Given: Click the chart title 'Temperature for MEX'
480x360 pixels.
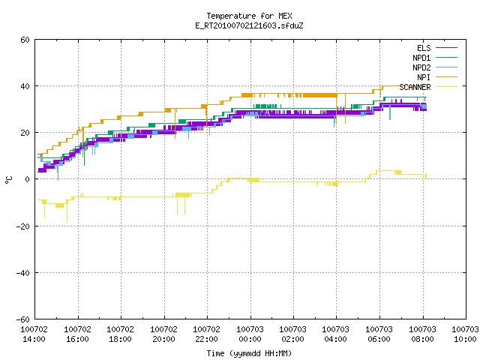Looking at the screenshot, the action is (x=249, y=16).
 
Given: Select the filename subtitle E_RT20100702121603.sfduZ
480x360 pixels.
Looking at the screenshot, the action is (x=249, y=25).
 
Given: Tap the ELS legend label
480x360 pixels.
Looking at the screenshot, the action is (x=424, y=48).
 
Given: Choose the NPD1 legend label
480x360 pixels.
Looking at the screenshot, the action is (x=421, y=58).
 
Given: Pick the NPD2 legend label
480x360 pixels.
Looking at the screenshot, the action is (x=421, y=67).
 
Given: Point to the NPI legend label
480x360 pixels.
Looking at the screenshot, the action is (x=424, y=77).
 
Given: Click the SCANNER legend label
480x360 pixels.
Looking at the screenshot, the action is (x=415, y=87).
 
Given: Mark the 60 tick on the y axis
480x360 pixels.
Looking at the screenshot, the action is (x=25, y=40).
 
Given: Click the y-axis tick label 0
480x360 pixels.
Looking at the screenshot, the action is (x=28, y=179).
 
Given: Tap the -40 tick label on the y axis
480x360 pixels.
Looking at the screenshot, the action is (x=23, y=273).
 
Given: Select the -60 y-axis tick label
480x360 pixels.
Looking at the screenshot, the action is (x=23, y=319).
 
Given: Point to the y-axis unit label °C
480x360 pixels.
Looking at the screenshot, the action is (x=8, y=180).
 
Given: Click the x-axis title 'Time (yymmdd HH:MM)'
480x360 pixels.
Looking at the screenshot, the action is (x=249, y=353).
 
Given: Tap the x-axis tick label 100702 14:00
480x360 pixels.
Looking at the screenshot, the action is (x=34, y=334).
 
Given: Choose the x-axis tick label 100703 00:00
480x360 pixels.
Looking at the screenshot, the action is (x=250, y=334).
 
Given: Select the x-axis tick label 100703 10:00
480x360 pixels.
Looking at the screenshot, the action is (x=465, y=334).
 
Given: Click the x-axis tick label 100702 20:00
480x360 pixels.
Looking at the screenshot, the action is (x=163, y=334).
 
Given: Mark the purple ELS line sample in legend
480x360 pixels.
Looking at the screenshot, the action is (x=447, y=48).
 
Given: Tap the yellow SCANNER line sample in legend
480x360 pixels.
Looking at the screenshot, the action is (x=447, y=87).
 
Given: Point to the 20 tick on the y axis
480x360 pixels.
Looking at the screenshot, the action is (x=25, y=133).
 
